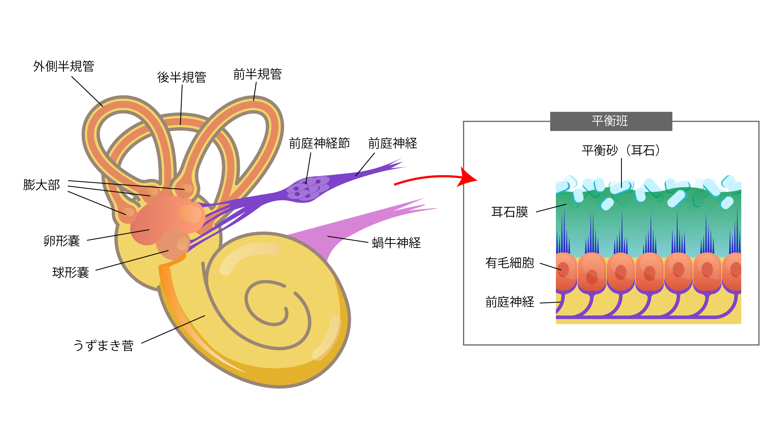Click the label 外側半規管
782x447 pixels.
tap(64, 66)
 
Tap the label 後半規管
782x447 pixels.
tap(181, 78)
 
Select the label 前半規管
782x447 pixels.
tap(257, 74)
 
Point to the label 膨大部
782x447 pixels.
tap(41, 185)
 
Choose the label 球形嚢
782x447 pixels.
tap(70, 273)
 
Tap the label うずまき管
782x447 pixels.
tap(103, 346)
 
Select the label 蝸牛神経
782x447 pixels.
tap(396, 243)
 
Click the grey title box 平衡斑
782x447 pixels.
tap(611, 121)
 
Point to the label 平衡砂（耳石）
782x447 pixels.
tap(621, 151)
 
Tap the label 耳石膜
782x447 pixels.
tap(510, 212)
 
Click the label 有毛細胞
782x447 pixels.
tap(510, 263)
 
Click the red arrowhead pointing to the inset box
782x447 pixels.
tap(468, 178)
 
